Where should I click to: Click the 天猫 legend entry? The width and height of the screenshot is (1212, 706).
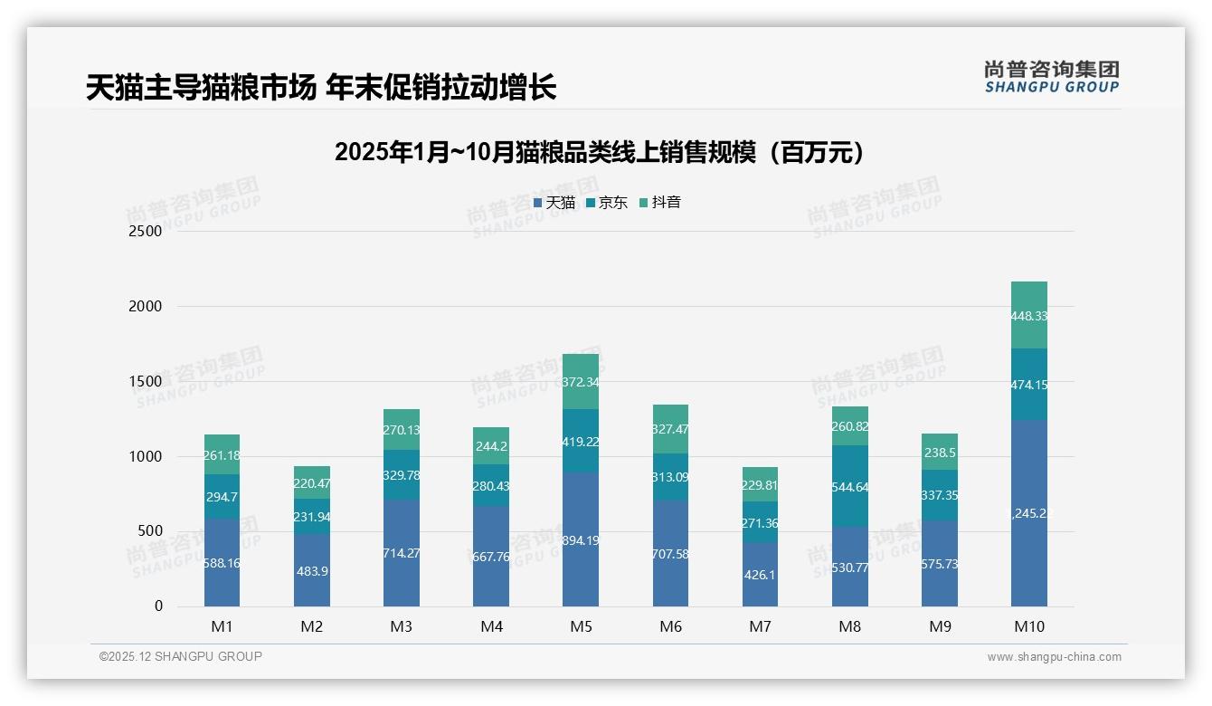(x=554, y=203)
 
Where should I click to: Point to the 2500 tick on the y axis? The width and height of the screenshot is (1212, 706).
(x=145, y=231)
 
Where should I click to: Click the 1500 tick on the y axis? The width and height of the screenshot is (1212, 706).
(x=145, y=381)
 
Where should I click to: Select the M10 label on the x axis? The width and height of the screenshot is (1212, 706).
(x=1029, y=626)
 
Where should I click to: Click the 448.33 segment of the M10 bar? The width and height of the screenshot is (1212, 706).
(x=1029, y=316)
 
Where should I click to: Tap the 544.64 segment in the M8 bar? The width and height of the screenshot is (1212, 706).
(x=850, y=486)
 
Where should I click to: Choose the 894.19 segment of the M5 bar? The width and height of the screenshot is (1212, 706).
(x=581, y=540)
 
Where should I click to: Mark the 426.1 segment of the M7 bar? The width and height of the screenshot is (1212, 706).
(x=761, y=575)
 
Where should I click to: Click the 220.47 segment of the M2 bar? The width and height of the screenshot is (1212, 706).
(x=312, y=483)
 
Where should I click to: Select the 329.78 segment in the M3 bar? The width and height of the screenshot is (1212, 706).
(x=402, y=475)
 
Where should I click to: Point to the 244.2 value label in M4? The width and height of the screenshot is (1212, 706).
(x=491, y=446)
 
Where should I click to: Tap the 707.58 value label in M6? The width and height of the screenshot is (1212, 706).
(x=670, y=554)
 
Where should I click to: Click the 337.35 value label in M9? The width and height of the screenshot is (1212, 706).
(x=940, y=495)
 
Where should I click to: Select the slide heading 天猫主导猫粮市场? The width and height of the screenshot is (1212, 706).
(x=321, y=88)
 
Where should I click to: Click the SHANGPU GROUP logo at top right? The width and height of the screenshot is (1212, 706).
(x=1051, y=77)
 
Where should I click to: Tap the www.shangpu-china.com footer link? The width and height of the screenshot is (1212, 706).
(x=1054, y=657)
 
